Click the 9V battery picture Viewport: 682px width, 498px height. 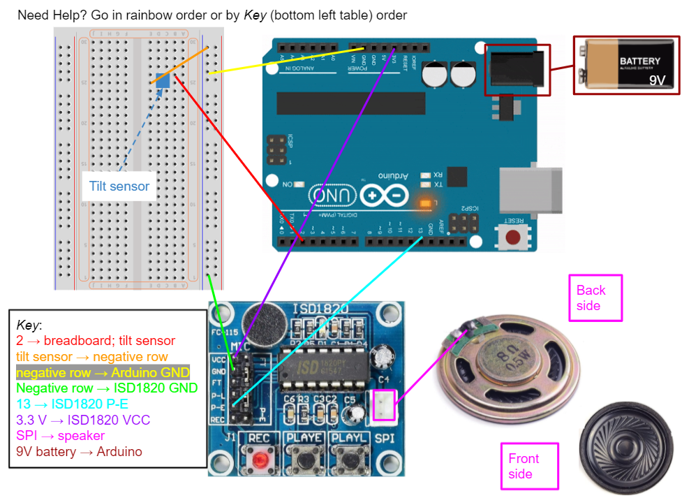point(626,64)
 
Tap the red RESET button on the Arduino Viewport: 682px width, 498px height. point(514,237)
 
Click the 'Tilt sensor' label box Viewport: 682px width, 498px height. point(119,186)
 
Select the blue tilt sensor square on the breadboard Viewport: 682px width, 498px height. point(163,80)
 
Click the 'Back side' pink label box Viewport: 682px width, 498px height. point(595,298)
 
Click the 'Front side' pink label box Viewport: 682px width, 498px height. point(529,466)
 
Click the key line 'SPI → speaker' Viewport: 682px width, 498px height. point(60,436)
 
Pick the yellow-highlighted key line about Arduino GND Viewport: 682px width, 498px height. point(103,372)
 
